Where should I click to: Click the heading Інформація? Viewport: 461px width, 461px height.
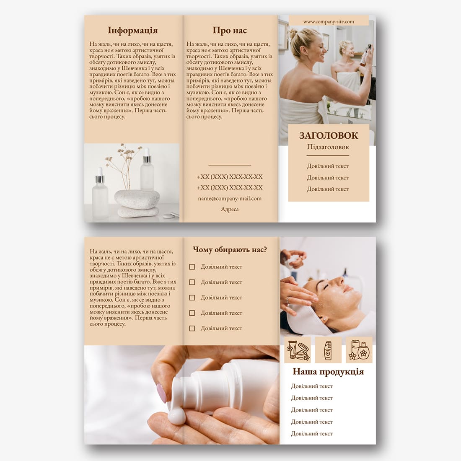tap(132, 31)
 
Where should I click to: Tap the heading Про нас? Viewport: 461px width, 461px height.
tap(230, 30)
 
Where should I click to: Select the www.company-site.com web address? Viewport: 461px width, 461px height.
tap(329, 21)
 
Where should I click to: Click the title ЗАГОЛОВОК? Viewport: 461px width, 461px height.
tap(329, 135)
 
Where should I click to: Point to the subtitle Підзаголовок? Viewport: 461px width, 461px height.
tap(328, 147)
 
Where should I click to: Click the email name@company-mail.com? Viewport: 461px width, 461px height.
tap(230, 199)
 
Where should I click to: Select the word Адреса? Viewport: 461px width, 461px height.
tap(230, 209)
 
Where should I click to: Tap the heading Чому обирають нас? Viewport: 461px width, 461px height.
tap(230, 250)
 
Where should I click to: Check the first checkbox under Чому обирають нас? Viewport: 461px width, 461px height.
tap(192, 267)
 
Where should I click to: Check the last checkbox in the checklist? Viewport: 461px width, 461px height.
tap(192, 329)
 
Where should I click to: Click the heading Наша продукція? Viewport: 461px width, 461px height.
tap(328, 372)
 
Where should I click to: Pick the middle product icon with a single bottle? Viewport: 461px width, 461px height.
tap(328, 350)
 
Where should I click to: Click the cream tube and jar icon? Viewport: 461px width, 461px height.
tap(298, 350)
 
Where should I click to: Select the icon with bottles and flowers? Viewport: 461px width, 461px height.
tap(359, 350)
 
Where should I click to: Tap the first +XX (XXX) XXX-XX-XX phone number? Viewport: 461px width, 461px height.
tap(230, 177)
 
